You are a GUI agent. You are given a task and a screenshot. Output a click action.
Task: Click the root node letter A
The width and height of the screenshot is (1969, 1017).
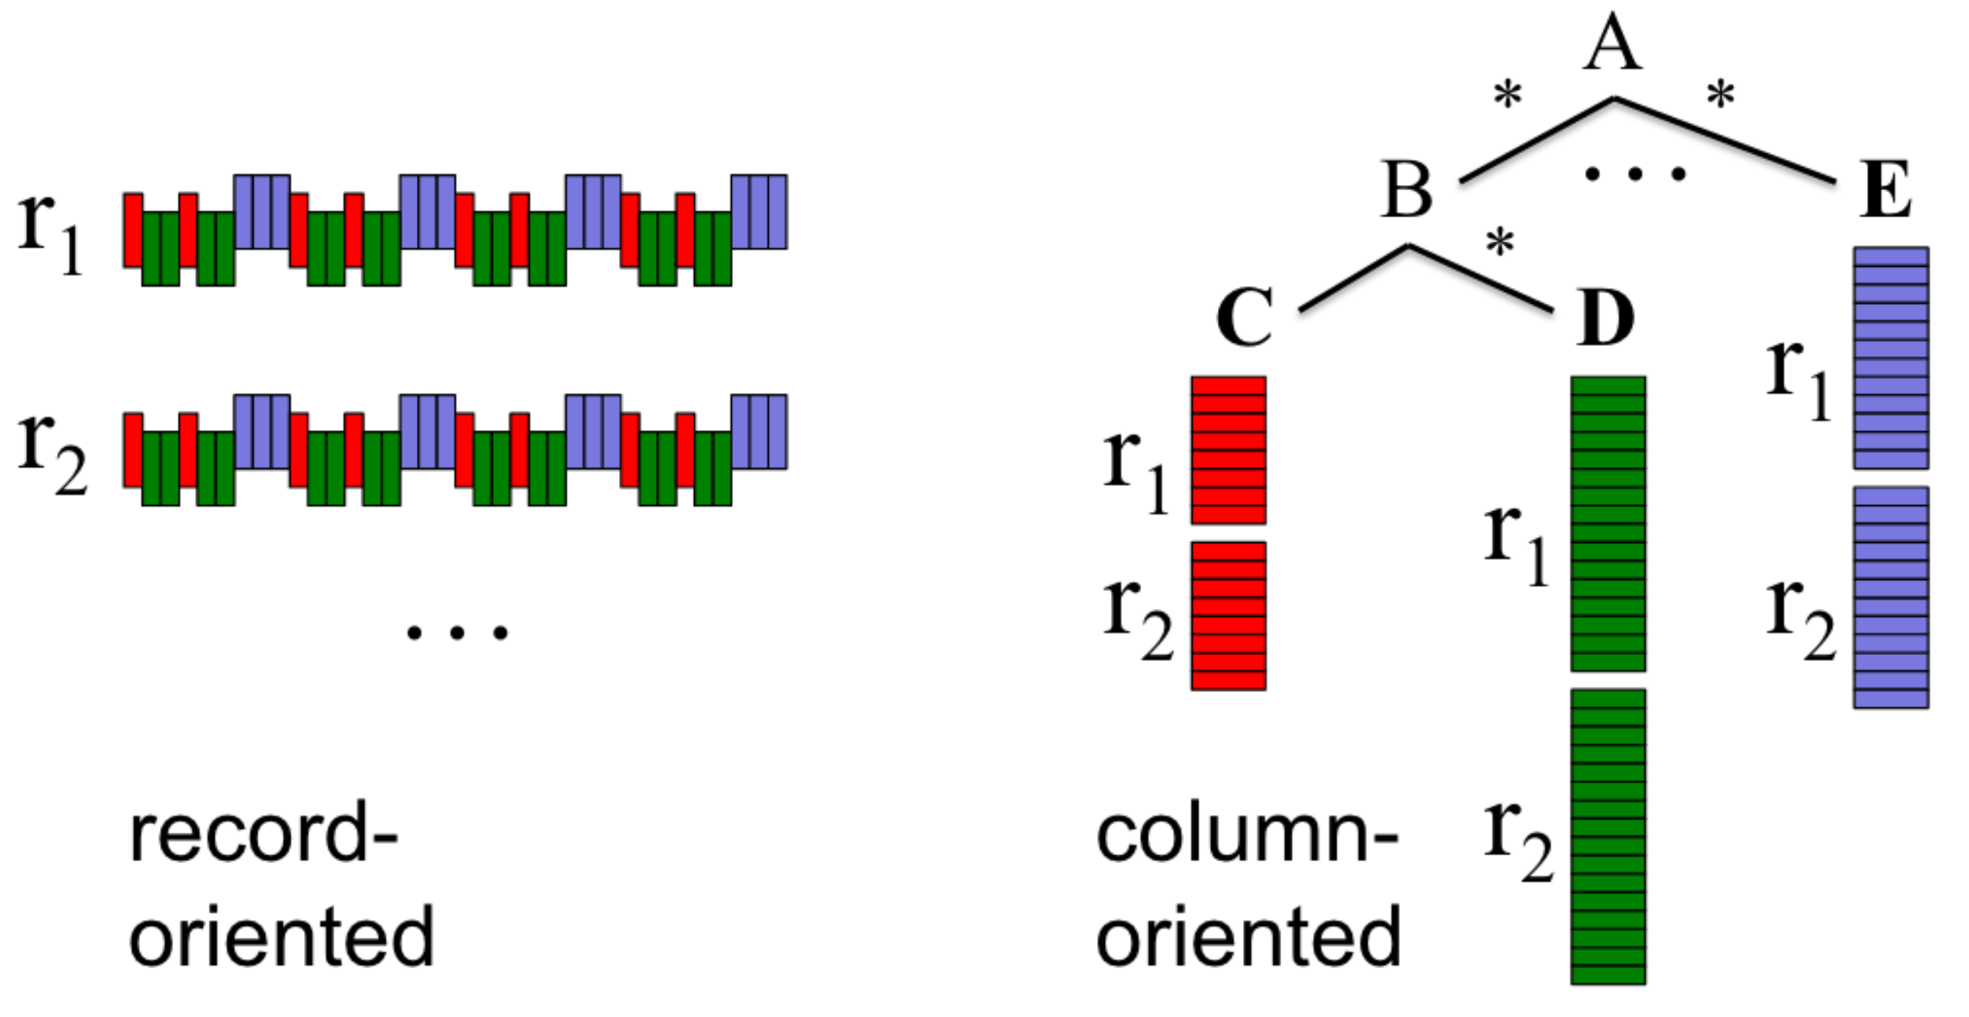click(x=1612, y=44)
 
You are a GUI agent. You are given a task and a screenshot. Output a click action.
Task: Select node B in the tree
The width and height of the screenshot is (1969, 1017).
click(x=1406, y=190)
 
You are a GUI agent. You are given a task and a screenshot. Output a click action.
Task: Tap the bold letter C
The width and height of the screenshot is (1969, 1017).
click(x=1244, y=317)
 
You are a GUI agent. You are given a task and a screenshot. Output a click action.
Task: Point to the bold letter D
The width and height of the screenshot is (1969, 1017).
click(x=1605, y=317)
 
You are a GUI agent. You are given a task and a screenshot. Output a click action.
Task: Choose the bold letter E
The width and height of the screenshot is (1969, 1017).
click(x=1885, y=190)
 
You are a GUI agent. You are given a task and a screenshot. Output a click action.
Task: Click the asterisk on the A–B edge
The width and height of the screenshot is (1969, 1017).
click(x=1507, y=95)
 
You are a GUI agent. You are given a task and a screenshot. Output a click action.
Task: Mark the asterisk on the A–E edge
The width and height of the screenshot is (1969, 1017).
click(x=1721, y=95)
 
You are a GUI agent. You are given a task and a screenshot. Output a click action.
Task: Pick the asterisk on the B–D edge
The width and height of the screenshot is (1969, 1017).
click(x=1500, y=243)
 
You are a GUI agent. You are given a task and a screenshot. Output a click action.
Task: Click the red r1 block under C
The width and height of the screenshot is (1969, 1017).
click(x=1228, y=450)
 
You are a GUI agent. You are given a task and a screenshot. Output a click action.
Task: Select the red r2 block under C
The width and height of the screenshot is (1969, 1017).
click(x=1228, y=615)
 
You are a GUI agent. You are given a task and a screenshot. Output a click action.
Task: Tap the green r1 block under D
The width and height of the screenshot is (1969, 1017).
click(x=1608, y=524)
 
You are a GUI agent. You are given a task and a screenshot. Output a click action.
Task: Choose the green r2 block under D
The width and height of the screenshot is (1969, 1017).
click(x=1608, y=836)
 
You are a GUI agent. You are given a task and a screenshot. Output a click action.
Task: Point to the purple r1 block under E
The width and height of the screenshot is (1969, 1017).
click(x=1891, y=358)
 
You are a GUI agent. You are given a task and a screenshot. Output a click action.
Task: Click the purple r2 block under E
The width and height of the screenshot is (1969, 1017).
click(x=1891, y=597)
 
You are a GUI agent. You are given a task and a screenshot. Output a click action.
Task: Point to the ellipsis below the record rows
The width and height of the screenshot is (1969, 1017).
click(x=457, y=632)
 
